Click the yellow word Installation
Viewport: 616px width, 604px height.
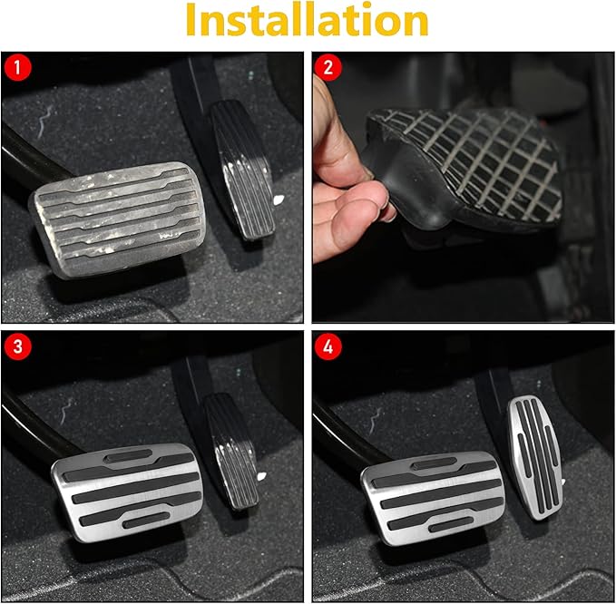pos(307,20)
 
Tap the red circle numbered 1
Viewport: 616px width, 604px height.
pos(17,67)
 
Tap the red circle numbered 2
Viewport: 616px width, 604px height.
pos(328,67)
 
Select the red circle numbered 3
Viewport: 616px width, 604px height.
pos(17,346)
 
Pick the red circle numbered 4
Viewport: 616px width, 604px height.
pos(328,346)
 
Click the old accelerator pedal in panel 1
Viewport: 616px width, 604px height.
pos(242,170)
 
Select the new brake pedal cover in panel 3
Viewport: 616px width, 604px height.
pos(128,492)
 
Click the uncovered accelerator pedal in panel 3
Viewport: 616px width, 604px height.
pos(231,452)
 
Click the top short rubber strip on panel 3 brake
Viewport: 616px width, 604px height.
pos(129,455)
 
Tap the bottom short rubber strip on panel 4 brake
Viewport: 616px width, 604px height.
pos(451,524)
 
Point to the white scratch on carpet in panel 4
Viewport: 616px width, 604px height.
pos(376,420)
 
